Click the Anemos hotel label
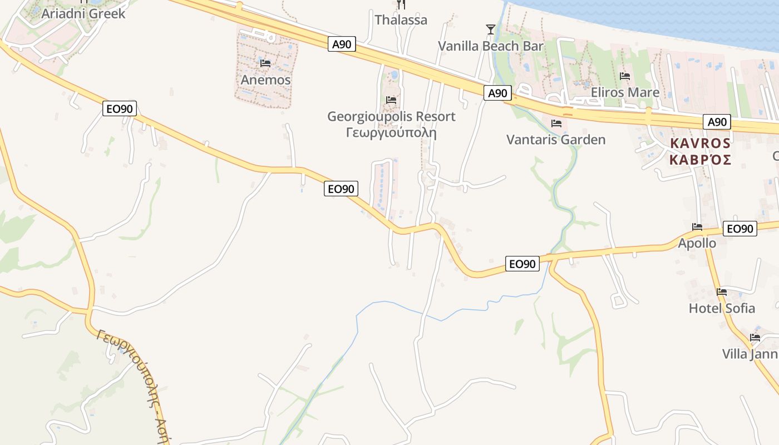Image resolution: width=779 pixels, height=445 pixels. coord(265,80)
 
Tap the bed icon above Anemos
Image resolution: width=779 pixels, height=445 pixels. coord(265,63)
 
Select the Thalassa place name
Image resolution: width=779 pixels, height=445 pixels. coord(401,20)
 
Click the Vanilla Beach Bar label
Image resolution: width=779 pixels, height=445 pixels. coord(490,46)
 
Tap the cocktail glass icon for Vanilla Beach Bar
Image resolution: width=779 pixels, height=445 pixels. coord(490,29)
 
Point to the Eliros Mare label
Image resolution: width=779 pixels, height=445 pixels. coord(625,92)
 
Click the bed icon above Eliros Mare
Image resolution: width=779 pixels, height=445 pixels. coord(625,76)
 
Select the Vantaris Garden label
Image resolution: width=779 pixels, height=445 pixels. coord(556,139)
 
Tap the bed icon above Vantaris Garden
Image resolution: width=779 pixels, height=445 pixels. coord(556,123)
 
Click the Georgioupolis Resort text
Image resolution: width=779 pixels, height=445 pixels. coord(391,116)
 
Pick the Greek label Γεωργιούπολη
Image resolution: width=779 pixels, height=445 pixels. coord(391,133)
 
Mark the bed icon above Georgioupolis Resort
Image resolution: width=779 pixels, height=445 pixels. coord(391,100)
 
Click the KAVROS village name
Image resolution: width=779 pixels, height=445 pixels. coord(701,143)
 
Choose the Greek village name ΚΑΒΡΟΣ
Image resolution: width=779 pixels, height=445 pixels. coord(701,160)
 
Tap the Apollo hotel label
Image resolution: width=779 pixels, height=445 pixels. coord(697,243)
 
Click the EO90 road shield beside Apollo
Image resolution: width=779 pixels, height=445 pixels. coord(740,229)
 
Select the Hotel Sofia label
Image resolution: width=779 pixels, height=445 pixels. coord(722,308)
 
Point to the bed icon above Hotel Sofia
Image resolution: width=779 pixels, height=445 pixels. coord(722,291)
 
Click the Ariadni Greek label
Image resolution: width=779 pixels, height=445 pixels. coord(83,13)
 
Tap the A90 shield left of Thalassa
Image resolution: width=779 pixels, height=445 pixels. coord(342,44)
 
